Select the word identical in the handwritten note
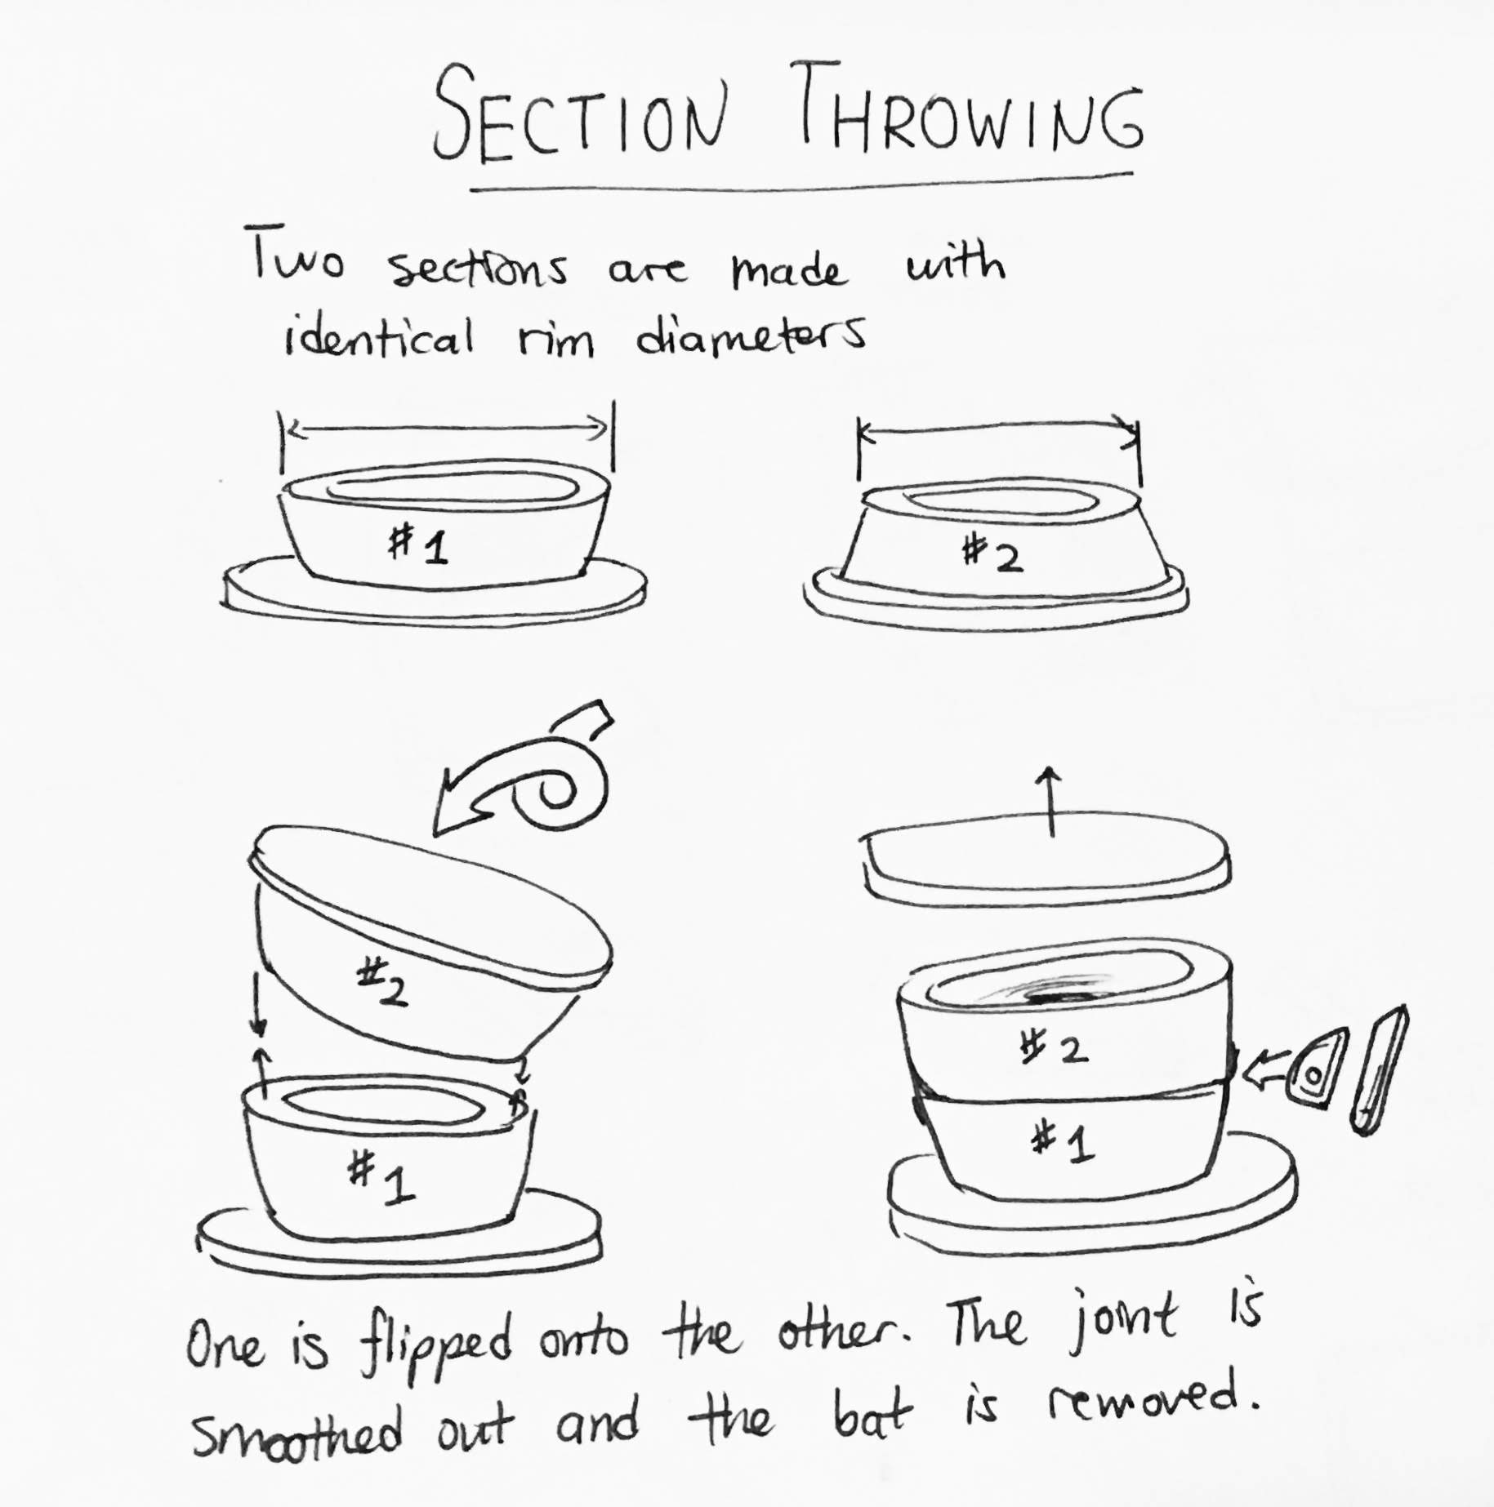[379, 336]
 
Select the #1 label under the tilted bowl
[381, 1180]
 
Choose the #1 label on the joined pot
[1061, 1141]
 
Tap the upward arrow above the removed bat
[1050, 801]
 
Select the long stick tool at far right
[1379, 1069]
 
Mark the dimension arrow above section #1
[447, 426]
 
